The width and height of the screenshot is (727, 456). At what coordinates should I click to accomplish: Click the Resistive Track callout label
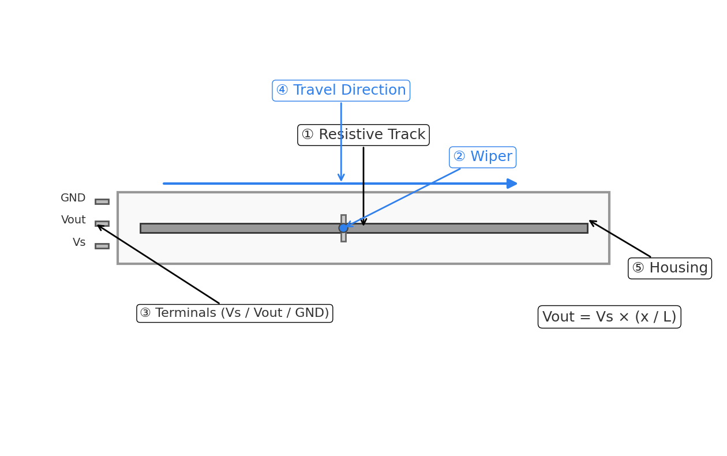tap(363, 135)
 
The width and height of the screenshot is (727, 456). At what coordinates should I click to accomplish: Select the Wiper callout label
tap(482, 157)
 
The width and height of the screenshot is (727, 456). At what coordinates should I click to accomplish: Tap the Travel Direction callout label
tap(341, 91)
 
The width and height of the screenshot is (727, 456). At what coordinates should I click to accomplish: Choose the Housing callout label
tap(669, 268)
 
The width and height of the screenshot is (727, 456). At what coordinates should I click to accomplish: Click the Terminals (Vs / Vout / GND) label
tap(235, 313)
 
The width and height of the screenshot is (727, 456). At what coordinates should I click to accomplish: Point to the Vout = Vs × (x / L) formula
tap(609, 317)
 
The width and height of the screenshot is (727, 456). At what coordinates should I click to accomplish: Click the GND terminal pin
tap(102, 201)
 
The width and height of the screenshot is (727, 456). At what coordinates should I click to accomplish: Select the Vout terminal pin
tap(102, 223)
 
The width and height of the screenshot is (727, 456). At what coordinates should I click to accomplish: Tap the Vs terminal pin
tap(102, 246)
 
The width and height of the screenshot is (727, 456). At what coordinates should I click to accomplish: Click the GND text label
tap(73, 198)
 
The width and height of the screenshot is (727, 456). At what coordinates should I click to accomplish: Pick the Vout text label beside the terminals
tap(73, 220)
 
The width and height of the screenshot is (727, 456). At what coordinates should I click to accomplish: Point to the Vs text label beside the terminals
tap(79, 242)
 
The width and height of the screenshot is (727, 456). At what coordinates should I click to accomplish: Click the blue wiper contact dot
tap(343, 228)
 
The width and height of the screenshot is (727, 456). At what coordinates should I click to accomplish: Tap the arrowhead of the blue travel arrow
tap(512, 184)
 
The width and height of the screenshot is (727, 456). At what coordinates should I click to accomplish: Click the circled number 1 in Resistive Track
tap(308, 135)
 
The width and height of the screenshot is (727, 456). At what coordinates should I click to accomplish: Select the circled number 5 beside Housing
tap(638, 268)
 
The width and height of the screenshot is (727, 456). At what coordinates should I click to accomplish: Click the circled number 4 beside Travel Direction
tap(282, 91)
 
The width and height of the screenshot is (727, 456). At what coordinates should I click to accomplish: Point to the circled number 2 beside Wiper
tap(459, 157)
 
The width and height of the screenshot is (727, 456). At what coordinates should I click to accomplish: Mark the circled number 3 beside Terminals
tap(145, 313)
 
